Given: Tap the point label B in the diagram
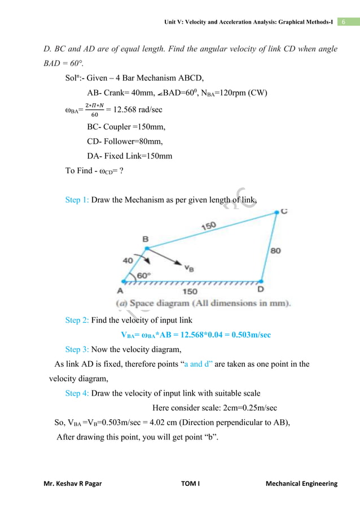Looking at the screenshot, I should tap(146, 240).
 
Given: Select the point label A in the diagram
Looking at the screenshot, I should tap(121, 292).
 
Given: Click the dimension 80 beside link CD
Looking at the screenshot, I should tap(275, 250).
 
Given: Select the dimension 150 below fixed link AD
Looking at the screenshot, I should tap(190, 292).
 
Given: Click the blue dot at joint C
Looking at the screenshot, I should tap(276, 213).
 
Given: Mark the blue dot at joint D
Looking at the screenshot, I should tap(261, 280).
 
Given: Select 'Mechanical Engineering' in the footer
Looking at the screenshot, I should tap(301, 484).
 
